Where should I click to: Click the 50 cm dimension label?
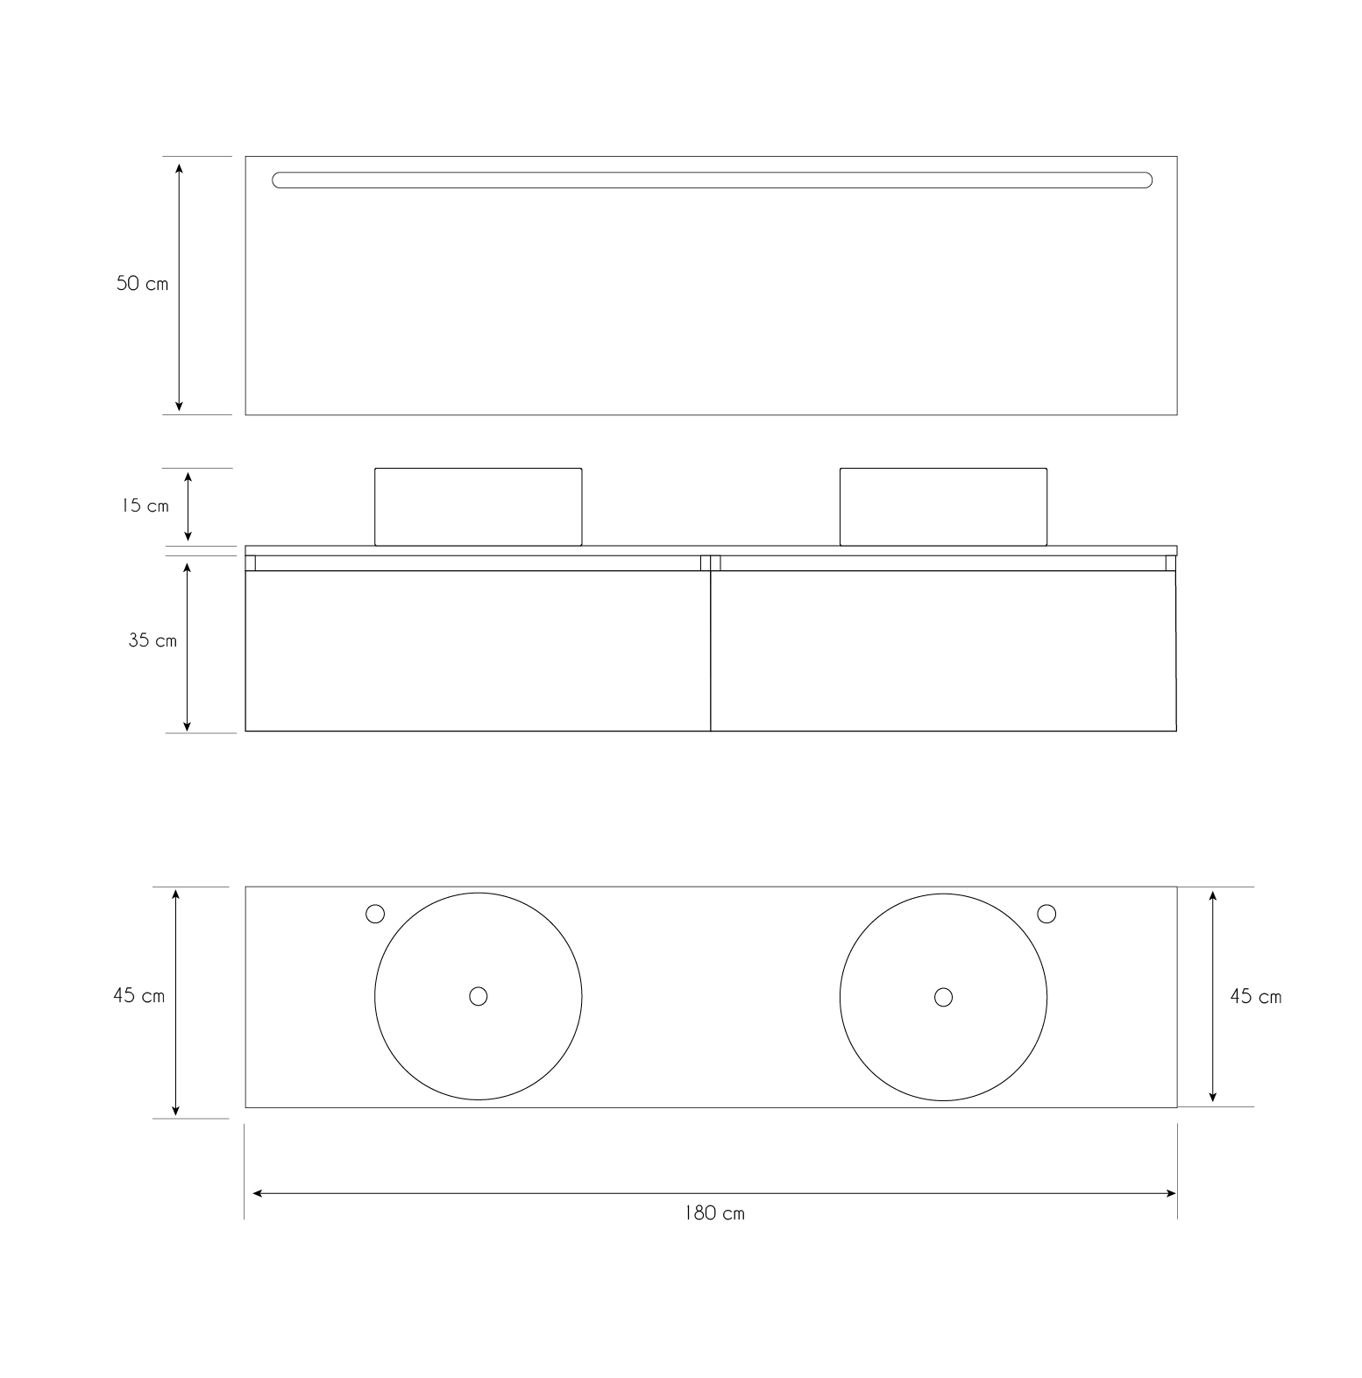click(142, 284)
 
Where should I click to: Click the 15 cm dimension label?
click(145, 506)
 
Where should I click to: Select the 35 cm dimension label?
click(153, 640)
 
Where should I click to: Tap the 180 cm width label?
click(714, 1213)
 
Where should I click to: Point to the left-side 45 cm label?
click(138, 996)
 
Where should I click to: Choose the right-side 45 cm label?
click(1255, 997)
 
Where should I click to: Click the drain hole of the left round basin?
click(478, 996)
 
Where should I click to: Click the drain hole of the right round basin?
click(943, 997)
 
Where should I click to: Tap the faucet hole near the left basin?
click(375, 915)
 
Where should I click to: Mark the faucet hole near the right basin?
click(1046, 914)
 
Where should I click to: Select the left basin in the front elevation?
click(478, 506)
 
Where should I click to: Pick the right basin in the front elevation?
click(943, 506)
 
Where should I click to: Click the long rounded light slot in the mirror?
click(712, 180)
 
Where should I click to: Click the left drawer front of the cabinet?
click(478, 651)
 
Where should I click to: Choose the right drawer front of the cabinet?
click(943, 651)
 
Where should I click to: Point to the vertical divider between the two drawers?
click(711, 651)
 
